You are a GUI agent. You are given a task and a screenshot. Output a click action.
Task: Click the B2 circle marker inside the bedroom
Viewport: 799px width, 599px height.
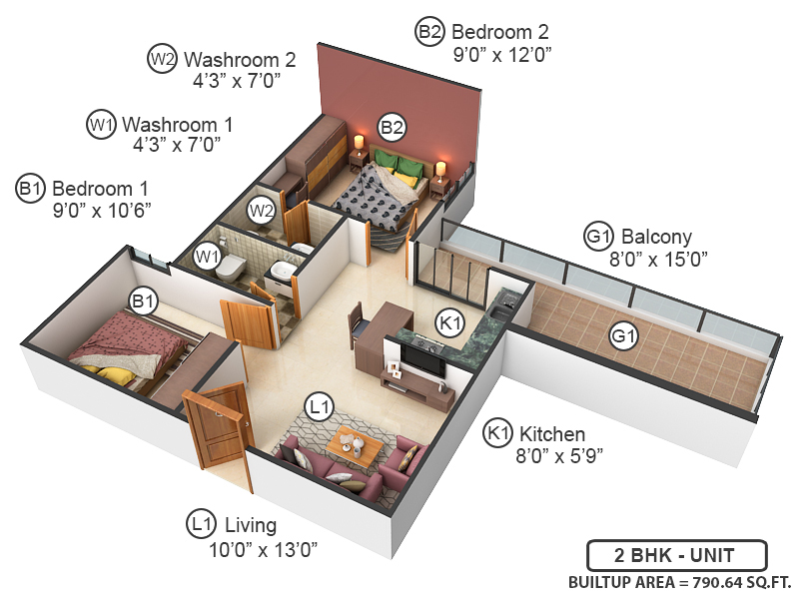coord(392,127)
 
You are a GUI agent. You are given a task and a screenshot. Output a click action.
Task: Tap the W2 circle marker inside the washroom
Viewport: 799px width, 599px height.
coord(262,211)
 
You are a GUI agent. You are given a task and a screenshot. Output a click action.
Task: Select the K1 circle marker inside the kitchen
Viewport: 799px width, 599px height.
coord(450,321)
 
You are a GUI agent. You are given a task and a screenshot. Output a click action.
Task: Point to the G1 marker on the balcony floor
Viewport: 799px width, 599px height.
coord(624,337)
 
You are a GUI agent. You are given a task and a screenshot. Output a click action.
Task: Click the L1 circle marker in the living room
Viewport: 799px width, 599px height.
coord(319,406)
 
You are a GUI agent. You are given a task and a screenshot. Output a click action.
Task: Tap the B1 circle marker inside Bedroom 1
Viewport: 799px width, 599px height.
coord(143,299)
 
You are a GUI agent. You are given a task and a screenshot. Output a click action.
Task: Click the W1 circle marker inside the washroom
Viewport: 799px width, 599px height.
coord(208,257)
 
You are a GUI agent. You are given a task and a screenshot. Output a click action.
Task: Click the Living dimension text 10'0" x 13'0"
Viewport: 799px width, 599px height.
coord(270,548)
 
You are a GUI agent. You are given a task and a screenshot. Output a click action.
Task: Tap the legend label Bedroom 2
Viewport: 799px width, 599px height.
coord(499,32)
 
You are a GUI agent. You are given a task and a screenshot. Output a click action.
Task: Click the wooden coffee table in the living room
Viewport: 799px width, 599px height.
coord(354,445)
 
